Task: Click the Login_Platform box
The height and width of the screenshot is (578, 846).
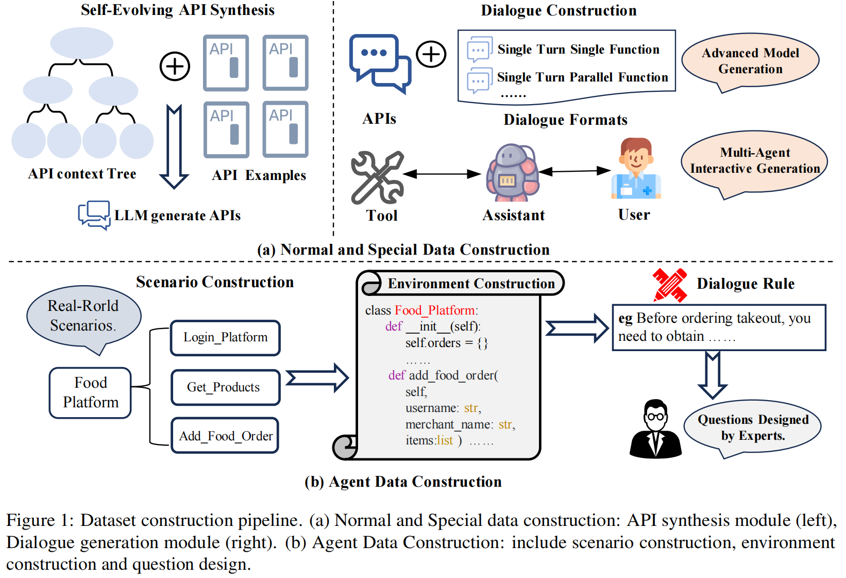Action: (x=225, y=338)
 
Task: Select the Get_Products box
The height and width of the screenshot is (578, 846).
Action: (x=225, y=387)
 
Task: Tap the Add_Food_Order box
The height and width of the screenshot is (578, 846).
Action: (x=225, y=436)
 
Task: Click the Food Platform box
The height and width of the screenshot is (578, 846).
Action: (x=90, y=392)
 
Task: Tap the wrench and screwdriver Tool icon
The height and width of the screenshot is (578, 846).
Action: (x=377, y=177)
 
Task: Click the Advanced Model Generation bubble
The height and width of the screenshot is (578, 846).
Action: (x=750, y=61)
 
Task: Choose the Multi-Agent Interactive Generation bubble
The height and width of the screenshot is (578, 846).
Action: (x=754, y=161)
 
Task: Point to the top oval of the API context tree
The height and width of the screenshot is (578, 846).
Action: (x=82, y=43)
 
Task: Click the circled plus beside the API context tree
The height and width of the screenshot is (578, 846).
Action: (x=175, y=67)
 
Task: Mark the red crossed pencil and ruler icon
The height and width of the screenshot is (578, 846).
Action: (x=670, y=285)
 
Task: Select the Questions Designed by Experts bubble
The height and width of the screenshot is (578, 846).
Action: (x=753, y=427)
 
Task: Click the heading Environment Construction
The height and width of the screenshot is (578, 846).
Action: (x=471, y=284)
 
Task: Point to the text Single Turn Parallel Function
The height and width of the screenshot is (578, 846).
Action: (x=582, y=77)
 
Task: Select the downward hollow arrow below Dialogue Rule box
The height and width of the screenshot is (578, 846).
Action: (x=713, y=375)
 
